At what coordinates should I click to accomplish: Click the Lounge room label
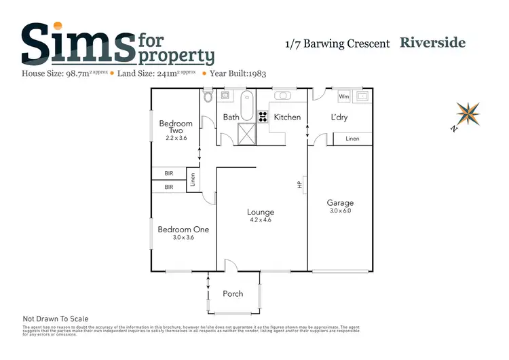pos(261,212)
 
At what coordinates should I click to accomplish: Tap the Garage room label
pos(340,202)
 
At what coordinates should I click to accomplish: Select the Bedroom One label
pos(183,230)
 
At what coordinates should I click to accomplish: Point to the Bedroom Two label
pos(176,127)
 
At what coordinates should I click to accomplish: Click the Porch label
pos(234,293)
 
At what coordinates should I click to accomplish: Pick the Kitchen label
pos(287,117)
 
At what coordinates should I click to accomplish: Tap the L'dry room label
pos(339,117)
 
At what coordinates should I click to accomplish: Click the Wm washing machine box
pos(343,96)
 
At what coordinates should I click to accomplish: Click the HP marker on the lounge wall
pos(299,184)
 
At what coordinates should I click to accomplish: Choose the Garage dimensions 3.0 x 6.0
pos(340,211)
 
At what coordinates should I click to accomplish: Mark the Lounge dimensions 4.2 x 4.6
pos(261,220)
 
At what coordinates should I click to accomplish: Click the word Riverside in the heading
pos(433,43)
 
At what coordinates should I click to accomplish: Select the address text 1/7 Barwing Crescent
pos(337,43)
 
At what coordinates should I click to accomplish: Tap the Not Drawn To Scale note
pos(56,319)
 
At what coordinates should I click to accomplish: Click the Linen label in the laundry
pos(352,139)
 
